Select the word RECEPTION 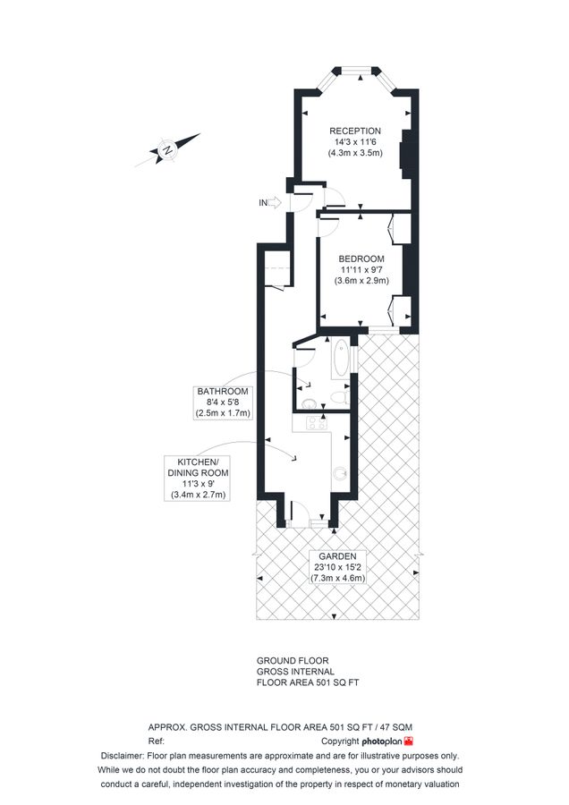pos(354,131)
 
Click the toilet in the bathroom pos(338,396)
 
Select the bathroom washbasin pos(310,403)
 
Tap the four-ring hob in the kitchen pos(314,426)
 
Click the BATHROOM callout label pos(224,392)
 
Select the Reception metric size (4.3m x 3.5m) pos(354,153)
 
